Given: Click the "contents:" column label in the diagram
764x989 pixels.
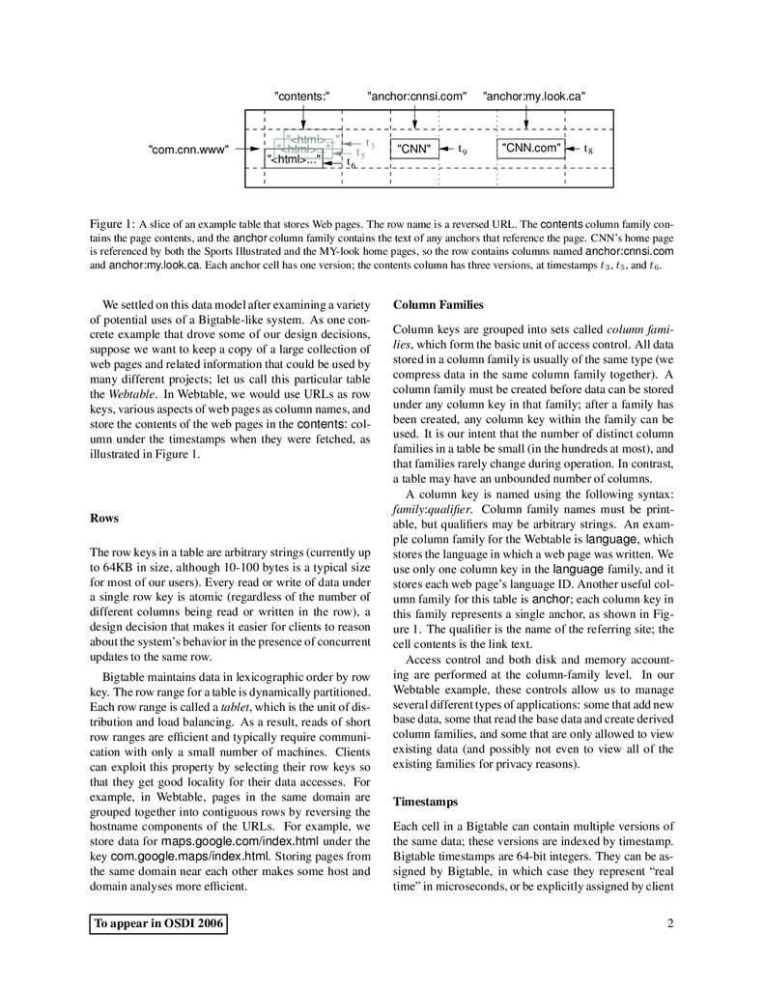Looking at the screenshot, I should (x=303, y=96).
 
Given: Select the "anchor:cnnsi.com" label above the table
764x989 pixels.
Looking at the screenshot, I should (x=416, y=96).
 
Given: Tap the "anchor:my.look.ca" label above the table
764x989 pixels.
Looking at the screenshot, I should (x=534, y=96).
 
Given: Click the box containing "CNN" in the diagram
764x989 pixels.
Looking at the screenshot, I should (x=414, y=149).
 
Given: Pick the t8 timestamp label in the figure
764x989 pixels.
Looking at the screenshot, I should (x=588, y=150).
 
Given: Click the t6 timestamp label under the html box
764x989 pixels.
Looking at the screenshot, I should (x=351, y=165).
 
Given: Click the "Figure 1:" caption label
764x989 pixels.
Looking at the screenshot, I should (x=112, y=223).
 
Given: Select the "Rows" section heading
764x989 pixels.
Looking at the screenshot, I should (x=103, y=518).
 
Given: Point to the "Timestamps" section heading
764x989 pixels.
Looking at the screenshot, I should (x=426, y=802).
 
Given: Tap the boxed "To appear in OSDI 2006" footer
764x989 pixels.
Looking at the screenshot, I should (x=158, y=924).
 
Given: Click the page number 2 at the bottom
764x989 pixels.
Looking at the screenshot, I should (x=669, y=924).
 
